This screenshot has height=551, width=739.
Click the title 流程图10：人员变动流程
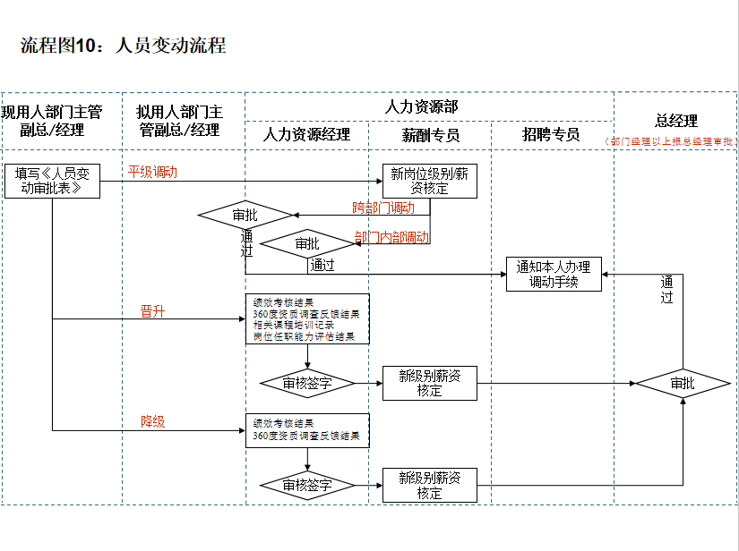pos(123,46)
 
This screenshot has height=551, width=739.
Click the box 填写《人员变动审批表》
pos(52,181)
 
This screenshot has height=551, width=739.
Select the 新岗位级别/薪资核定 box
pos(429,181)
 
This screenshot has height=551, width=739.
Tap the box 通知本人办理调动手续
pos(554,274)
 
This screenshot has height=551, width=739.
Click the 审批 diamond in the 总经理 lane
pos(683,384)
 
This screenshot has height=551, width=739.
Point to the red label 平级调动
pos(152,172)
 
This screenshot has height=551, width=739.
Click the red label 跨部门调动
pos(383,208)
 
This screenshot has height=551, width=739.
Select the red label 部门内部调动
pos(391,238)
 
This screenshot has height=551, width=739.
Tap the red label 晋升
pos(152,311)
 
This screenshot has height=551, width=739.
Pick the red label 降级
pos(152,421)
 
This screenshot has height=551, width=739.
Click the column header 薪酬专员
pos(430,135)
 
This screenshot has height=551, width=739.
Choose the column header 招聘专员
pos(552,135)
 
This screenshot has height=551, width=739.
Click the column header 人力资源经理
pos(306,135)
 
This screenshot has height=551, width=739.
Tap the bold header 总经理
pos(676,121)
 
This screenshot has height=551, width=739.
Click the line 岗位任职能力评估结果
pos(304,337)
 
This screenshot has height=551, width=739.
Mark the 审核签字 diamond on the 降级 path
pos(307,486)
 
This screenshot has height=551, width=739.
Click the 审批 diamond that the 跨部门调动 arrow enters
pos(245,216)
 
